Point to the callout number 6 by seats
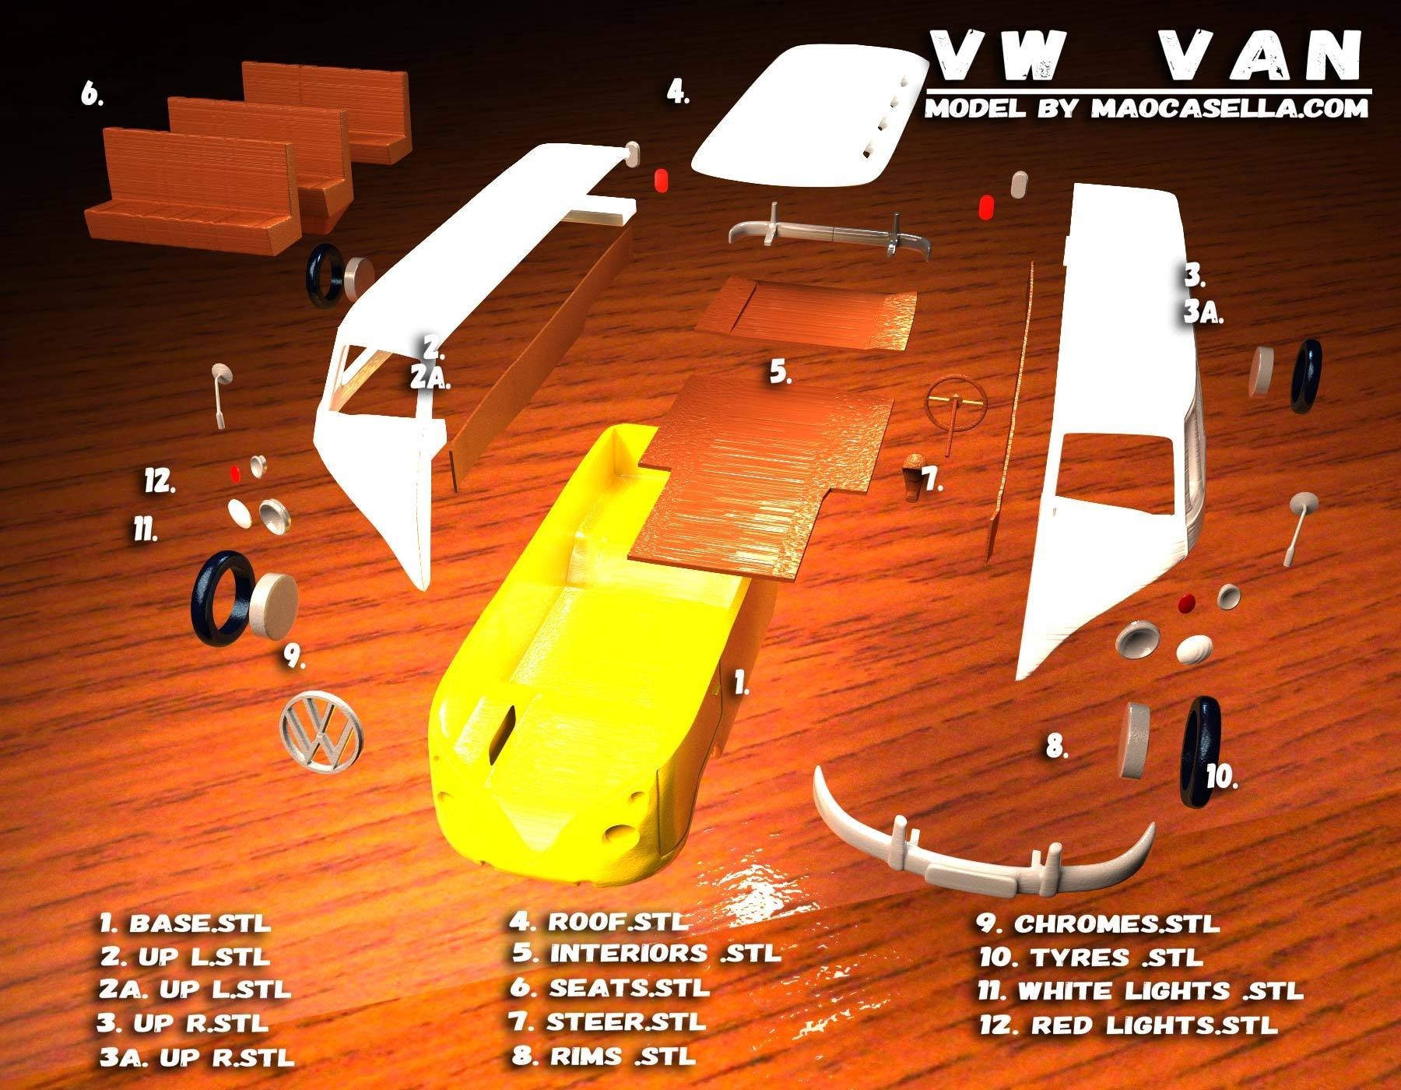pyautogui.click(x=92, y=95)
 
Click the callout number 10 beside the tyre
pyautogui.click(x=1222, y=776)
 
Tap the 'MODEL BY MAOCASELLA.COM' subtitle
pyautogui.click(x=1146, y=108)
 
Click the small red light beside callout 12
pyautogui.click(x=235, y=473)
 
